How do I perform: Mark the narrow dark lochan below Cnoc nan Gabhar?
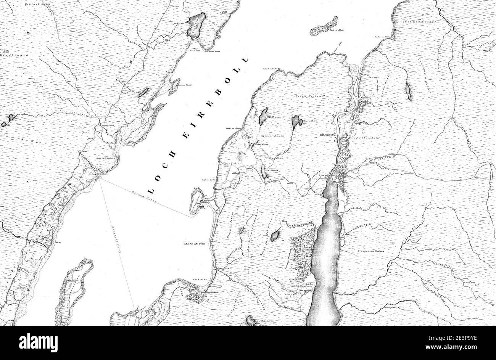(x=409, y=92)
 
